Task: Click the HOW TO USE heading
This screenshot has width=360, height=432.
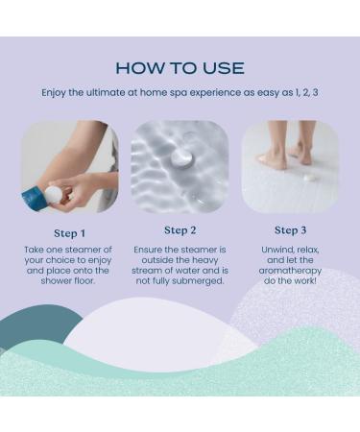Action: (x=180, y=68)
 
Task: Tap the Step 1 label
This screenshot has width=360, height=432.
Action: (x=69, y=233)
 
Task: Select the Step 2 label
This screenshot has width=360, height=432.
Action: (x=180, y=230)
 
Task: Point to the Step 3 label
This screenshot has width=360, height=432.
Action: (x=290, y=230)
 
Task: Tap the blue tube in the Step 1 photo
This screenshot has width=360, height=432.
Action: (x=33, y=199)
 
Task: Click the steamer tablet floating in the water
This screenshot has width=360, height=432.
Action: (x=181, y=158)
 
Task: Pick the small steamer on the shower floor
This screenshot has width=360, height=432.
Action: (x=309, y=177)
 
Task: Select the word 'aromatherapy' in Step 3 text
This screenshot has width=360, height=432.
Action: (x=290, y=271)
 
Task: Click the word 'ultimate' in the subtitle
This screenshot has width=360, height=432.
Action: (x=106, y=92)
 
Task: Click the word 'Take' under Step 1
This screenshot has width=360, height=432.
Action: (x=34, y=250)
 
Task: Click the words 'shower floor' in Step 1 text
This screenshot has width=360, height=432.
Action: (x=68, y=281)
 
